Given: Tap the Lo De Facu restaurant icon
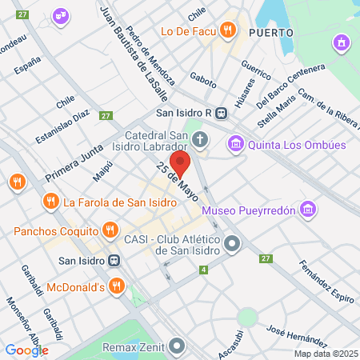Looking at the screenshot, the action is coord(228,31).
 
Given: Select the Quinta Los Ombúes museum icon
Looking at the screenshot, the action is coord(235,145).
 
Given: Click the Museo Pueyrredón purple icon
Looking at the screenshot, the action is coord(309,210).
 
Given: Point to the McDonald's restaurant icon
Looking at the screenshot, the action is coord(117,286).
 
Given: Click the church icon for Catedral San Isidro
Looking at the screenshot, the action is coord(200,141).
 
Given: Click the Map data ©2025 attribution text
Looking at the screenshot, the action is coord(323,353).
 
